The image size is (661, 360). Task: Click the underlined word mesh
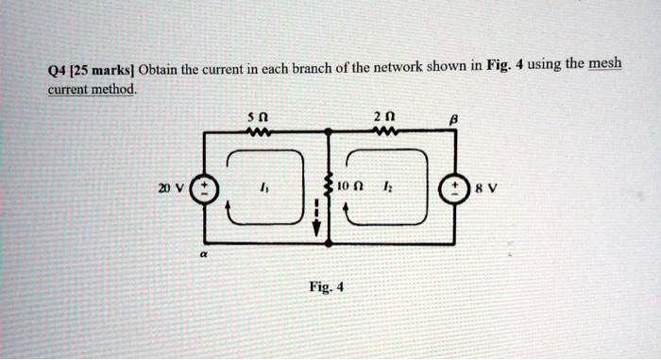coord(606,64)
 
